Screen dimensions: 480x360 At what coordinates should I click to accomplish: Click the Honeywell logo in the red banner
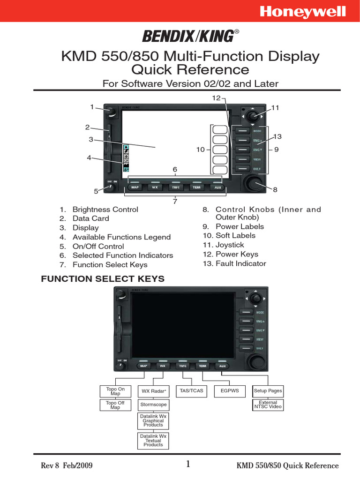pyautogui.click(x=309, y=12)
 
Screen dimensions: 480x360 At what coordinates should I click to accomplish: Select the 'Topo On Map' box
pyautogui.click(x=115, y=391)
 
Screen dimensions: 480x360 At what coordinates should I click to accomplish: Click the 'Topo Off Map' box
pyautogui.click(x=115, y=405)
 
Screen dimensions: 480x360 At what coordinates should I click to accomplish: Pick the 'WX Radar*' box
pyautogui.click(x=153, y=391)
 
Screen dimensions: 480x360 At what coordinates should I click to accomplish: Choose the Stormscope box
pyautogui.click(x=153, y=405)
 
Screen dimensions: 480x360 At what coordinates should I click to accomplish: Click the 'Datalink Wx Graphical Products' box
pyautogui.click(x=153, y=420)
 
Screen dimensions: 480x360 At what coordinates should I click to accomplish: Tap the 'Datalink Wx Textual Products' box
pyautogui.click(x=153, y=441)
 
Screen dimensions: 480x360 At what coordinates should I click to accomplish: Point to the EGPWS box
pyautogui.click(x=229, y=390)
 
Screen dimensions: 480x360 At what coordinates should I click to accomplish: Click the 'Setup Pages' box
pyautogui.click(x=268, y=390)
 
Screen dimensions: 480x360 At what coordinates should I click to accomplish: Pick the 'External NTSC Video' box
pyautogui.click(x=268, y=405)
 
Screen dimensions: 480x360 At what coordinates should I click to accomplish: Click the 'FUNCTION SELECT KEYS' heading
pyautogui.click(x=103, y=279)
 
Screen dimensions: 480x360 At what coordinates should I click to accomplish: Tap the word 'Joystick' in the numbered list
pyautogui.click(x=230, y=245)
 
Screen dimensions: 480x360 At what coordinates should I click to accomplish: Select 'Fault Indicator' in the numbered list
pyautogui.click(x=240, y=263)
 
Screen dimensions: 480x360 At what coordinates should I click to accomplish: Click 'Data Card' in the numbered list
pyautogui.click(x=90, y=218)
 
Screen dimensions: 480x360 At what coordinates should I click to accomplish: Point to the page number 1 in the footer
pyautogui.click(x=187, y=465)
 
